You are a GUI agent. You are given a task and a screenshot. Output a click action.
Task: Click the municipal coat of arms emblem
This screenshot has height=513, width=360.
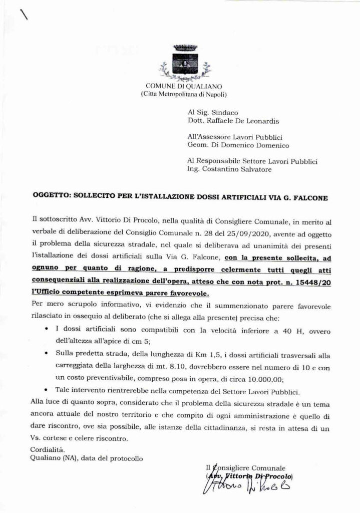point(180,63)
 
